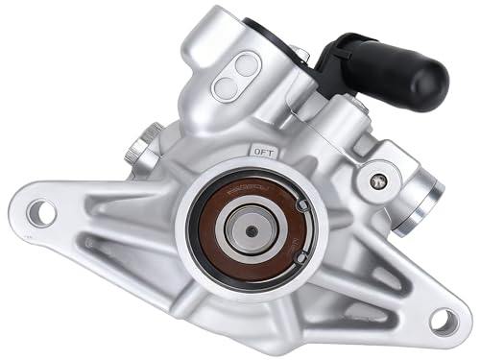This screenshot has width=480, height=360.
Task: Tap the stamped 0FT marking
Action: pos(263,151)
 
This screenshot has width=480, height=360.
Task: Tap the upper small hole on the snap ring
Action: pos(301,205)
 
